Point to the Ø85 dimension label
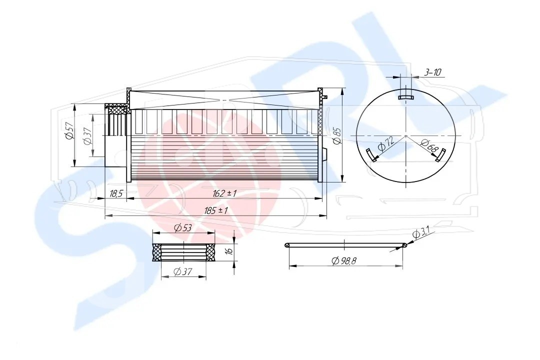[x=337, y=135]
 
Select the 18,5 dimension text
[x=116, y=194]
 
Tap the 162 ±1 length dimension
[x=224, y=193]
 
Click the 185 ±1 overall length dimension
[x=216, y=210]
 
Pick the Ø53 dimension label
[x=183, y=227]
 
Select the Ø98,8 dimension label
[x=343, y=261]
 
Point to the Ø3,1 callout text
[x=420, y=233]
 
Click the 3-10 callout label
[x=432, y=72]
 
